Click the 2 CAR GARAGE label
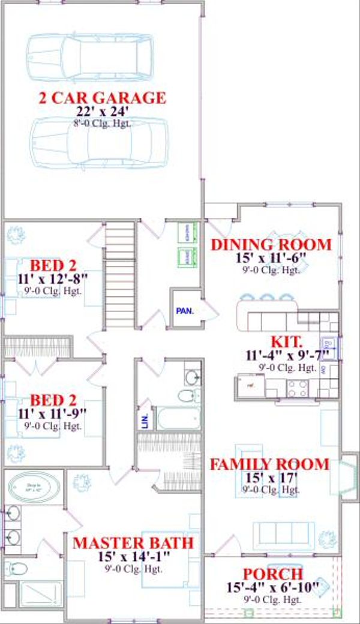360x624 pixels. coord(102,97)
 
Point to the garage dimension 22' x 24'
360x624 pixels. coord(102,112)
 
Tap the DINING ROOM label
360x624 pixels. coord(271,245)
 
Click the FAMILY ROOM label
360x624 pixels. coord(269,464)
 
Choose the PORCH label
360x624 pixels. coord(272,574)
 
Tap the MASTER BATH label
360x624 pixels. coord(133,544)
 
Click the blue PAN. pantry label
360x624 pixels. coord(183,311)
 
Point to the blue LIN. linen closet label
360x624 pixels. coord(145,422)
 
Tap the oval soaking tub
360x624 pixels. coord(33,488)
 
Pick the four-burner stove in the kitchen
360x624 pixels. coord(298,388)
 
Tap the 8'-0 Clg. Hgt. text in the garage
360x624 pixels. coord(102,124)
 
